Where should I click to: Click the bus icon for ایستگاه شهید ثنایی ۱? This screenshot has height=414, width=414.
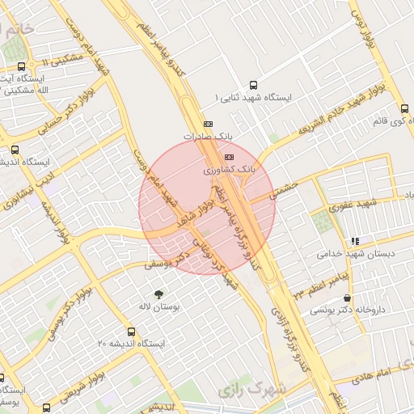point(254,84)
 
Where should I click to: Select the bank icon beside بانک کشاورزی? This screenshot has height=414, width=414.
point(229,157)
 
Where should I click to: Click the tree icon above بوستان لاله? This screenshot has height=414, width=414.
point(158,294)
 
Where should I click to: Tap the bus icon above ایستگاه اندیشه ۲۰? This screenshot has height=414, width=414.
point(131,331)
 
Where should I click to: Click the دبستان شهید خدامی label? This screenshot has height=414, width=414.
point(355,254)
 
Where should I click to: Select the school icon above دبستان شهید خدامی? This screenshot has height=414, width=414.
point(355,241)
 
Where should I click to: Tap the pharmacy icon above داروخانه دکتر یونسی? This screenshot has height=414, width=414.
point(347,298)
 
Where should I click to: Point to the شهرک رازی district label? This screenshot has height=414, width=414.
point(251,391)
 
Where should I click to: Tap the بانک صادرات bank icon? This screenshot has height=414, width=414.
point(209,124)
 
